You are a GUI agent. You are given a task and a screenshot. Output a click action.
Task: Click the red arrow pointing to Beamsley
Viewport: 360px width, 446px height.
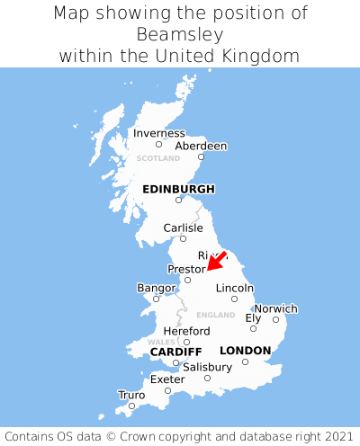[216, 260]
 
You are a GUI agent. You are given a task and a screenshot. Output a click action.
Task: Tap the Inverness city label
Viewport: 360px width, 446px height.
[158, 133]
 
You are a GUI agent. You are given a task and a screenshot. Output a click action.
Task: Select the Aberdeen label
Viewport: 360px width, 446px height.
[201, 146]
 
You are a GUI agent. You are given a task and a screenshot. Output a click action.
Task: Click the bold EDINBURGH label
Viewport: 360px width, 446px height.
[178, 189]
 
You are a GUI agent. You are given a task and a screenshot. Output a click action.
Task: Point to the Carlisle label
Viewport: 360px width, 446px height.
[183, 227]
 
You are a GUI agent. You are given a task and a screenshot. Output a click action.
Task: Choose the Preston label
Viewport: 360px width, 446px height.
[187, 269]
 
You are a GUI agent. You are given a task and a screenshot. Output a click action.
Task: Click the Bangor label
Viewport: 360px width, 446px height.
[155, 288]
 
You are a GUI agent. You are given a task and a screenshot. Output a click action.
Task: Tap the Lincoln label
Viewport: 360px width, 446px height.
[234, 288]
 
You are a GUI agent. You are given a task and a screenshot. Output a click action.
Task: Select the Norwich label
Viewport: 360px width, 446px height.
[275, 308]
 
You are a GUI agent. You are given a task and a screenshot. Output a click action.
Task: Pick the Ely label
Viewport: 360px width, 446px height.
[253, 317]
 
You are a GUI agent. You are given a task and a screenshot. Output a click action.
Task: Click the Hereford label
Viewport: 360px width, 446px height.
[186, 331]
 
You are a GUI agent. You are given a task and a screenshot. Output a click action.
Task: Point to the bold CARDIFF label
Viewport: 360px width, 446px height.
[175, 351]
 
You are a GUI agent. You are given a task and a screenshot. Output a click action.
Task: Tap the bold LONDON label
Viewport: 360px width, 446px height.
[245, 350]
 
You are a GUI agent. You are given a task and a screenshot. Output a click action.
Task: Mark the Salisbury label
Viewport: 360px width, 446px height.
[207, 367]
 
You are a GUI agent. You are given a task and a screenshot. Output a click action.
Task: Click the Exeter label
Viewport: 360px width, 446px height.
[167, 379]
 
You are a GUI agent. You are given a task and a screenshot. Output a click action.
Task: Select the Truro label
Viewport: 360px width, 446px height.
[131, 395]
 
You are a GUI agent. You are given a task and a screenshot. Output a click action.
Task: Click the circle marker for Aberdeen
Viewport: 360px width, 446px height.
[201, 157]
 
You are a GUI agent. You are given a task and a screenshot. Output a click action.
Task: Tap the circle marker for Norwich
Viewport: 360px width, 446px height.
[275, 319]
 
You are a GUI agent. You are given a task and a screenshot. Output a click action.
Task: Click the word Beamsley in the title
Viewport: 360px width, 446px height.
[180, 34]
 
